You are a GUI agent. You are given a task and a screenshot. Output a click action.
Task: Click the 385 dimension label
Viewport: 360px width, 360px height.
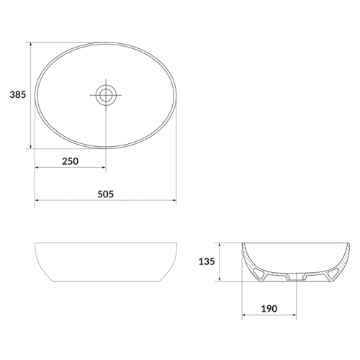tap(17, 95)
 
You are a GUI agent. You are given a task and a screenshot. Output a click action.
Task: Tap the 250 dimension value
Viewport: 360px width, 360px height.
tap(70, 161)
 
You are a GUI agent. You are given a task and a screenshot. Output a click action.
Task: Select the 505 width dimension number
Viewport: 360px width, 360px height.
tap(106, 194)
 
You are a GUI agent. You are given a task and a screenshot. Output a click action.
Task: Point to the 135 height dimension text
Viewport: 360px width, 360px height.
tap(207, 261)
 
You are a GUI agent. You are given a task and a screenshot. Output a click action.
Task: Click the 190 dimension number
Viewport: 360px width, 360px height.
tap(269, 309)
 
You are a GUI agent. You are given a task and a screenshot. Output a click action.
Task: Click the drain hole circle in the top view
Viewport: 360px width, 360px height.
tap(106, 95)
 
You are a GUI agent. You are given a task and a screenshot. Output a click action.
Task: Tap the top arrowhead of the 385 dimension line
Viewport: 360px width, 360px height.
tap(30, 45)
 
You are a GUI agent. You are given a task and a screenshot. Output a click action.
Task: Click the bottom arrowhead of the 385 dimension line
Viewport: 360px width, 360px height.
tap(30, 146)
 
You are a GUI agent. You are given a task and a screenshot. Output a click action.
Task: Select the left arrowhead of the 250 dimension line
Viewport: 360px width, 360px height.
tap(37, 167)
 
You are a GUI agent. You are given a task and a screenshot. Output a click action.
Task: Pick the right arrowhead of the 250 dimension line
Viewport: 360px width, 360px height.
tap(103, 167)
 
